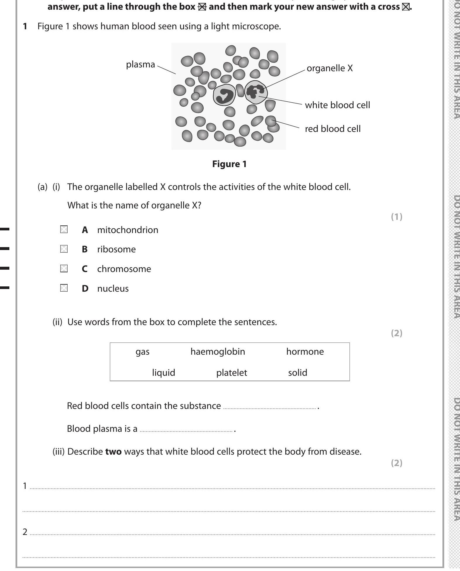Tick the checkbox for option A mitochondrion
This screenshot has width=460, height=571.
pyautogui.click(x=64, y=230)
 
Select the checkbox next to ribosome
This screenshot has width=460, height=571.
pyautogui.click(x=64, y=249)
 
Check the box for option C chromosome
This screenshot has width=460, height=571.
pyautogui.click(x=64, y=269)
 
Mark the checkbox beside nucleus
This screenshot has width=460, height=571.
pyautogui.click(x=64, y=288)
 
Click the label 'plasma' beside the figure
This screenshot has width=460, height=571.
pyautogui.click(x=140, y=64)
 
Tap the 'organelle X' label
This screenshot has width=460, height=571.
pyautogui.click(x=329, y=68)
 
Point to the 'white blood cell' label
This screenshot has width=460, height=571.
pyautogui.click(x=337, y=105)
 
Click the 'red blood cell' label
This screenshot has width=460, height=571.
pyautogui.click(x=332, y=129)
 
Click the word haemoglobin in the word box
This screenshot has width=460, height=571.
pyautogui.click(x=218, y=351)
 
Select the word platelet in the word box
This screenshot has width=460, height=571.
pyautogui.click(x=231, y=373)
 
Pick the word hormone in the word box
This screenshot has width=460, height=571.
pyautogui.click(x=305, y=351)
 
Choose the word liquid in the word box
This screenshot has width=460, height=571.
pyautogui.click(x=164, y=373)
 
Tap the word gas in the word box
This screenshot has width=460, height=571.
pyautogui.click(x=143, y=351)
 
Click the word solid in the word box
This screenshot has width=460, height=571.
pyautogui.click(x=298, y=373)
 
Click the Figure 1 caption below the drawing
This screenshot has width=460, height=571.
pyautogui.click(x=229, y=164)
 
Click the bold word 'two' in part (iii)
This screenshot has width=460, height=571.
pyautogui.click(x=113, y=451)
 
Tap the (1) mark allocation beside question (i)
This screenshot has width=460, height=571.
pyautogui.click(x=397, y=217)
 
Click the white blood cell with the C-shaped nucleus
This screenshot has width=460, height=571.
pyautogui.click(x=224, y=95)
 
